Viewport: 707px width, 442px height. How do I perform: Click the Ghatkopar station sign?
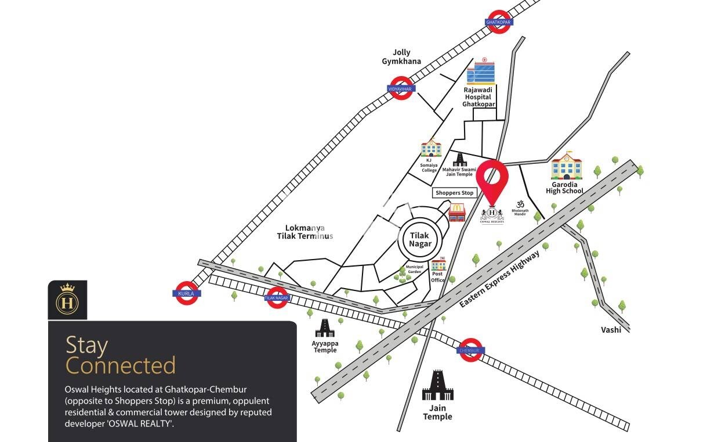pyautogui.click(x=499, y=22)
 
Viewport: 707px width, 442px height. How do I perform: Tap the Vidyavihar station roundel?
pyautogui.click(x=400, y=88)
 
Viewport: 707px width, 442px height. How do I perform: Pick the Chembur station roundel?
pyautogui.click(x=471, y=350)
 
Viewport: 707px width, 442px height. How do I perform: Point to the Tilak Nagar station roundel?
pyautogui.click(x=277, y=297)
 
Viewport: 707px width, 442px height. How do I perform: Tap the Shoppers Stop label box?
pyautogui.click(x=454, y=193)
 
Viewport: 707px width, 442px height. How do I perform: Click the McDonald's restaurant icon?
pyautogui.click(x=457, y=212)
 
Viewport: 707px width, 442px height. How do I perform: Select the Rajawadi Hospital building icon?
pyautogui.click(x=481, y=73)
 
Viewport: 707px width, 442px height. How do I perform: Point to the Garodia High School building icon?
pyautogui.click(x=565, y=167)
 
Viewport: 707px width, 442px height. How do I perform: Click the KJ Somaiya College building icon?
pyautogui.click(x=430, y=148)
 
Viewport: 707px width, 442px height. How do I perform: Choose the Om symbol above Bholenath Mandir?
pyautogui.click(x=520, y=204)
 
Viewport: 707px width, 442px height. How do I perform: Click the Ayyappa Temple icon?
pyautogui.click(x=324, y=328)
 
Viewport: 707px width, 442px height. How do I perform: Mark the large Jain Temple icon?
pyautogui.click(x=437, y=386)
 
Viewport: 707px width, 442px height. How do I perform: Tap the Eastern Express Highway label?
pyautogui.click(x=499, y=280)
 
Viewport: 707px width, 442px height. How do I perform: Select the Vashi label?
pyautogui.click(x=611, y=330)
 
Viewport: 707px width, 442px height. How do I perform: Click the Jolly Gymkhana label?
pyautogui.click(x=401, y=57)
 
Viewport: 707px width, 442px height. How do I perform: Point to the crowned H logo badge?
pyautogui.click(x=67, y=300)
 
